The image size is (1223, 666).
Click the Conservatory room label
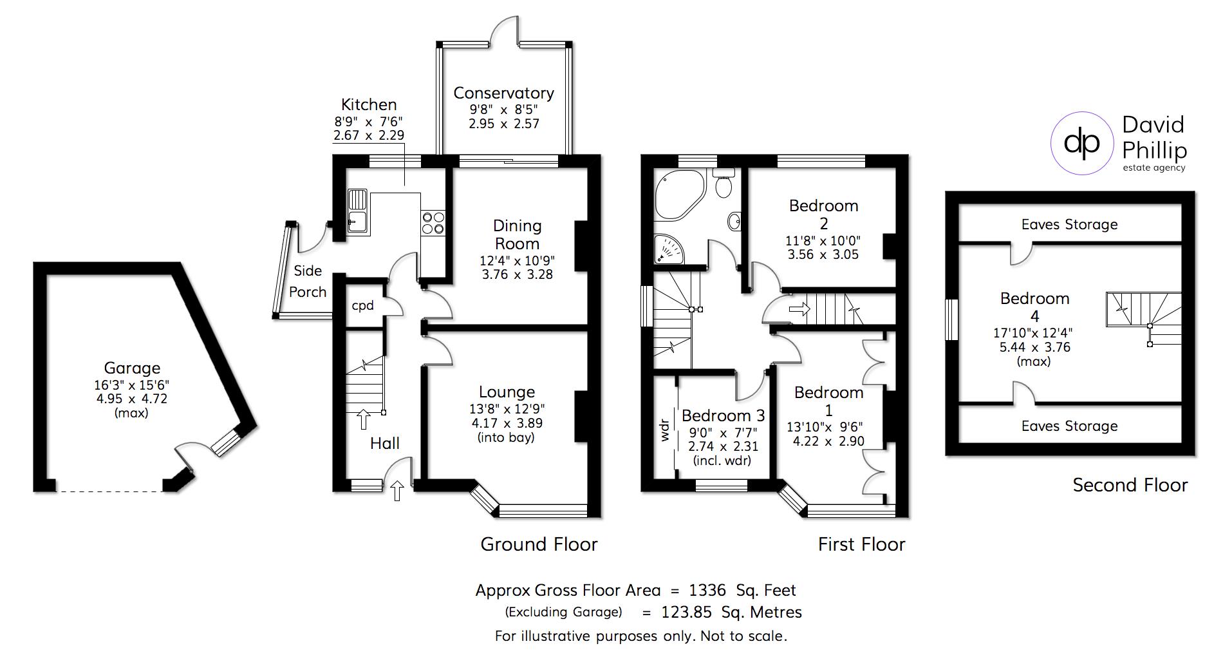503,93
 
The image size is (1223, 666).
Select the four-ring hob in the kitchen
433,223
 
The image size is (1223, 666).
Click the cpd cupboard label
362,305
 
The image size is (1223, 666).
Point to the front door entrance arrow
397,491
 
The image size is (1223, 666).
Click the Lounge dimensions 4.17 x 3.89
507,424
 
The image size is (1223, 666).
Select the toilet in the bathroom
724,183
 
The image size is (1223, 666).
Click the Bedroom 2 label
823,214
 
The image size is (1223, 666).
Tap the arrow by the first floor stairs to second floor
799,310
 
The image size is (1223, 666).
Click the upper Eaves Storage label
1069,225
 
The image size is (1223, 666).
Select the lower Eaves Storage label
1069,426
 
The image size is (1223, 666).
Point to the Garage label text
132,368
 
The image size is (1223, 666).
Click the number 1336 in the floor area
707,590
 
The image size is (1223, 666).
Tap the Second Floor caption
1130,485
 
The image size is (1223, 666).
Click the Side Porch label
308,281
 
